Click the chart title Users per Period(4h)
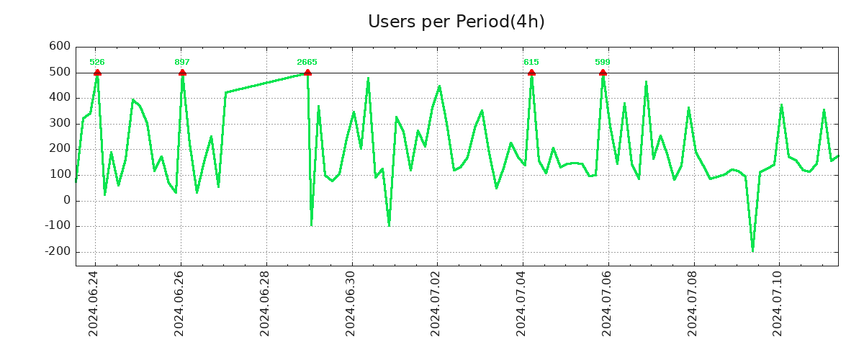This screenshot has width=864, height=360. pos(456,22)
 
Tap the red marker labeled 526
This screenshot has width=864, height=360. pos(97,72)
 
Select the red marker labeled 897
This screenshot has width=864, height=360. pos(182,72)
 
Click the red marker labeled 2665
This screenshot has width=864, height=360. pos(307,72)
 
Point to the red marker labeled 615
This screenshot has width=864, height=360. pos(531,72)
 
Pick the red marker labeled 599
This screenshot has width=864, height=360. pos(603,72)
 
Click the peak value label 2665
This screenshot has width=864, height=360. pos(307,62)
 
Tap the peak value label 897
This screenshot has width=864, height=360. pos(182,62)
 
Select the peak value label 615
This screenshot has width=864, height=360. pos(531,62)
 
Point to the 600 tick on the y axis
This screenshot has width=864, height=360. pos(60,46)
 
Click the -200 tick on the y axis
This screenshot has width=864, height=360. pos(57,251)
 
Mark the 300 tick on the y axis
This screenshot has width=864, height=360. pos(60,123)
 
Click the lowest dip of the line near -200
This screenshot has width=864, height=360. pos(752,251)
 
